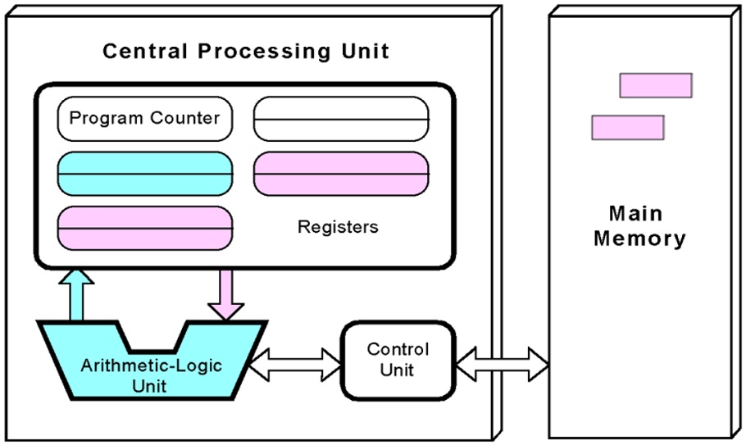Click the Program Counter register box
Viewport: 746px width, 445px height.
[x=145, y=118]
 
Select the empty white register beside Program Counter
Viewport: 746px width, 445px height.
[x=340, y=120]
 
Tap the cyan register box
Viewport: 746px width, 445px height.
[x=145, y=173]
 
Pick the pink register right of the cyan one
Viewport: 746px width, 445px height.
[x=340, y=173]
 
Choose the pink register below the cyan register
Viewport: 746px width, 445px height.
[x=145, y=227]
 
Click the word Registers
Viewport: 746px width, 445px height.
[x=338, y=227]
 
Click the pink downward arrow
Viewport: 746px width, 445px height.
[x=225, y=294]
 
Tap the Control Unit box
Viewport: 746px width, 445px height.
[x=397, y=360]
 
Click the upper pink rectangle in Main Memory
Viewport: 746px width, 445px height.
[x=655, y=85]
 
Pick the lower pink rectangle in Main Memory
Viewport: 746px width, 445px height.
[x=627, y=127]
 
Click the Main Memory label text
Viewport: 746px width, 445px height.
[x=639, y=226]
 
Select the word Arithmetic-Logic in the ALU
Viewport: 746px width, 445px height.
[x=151, y=365]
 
